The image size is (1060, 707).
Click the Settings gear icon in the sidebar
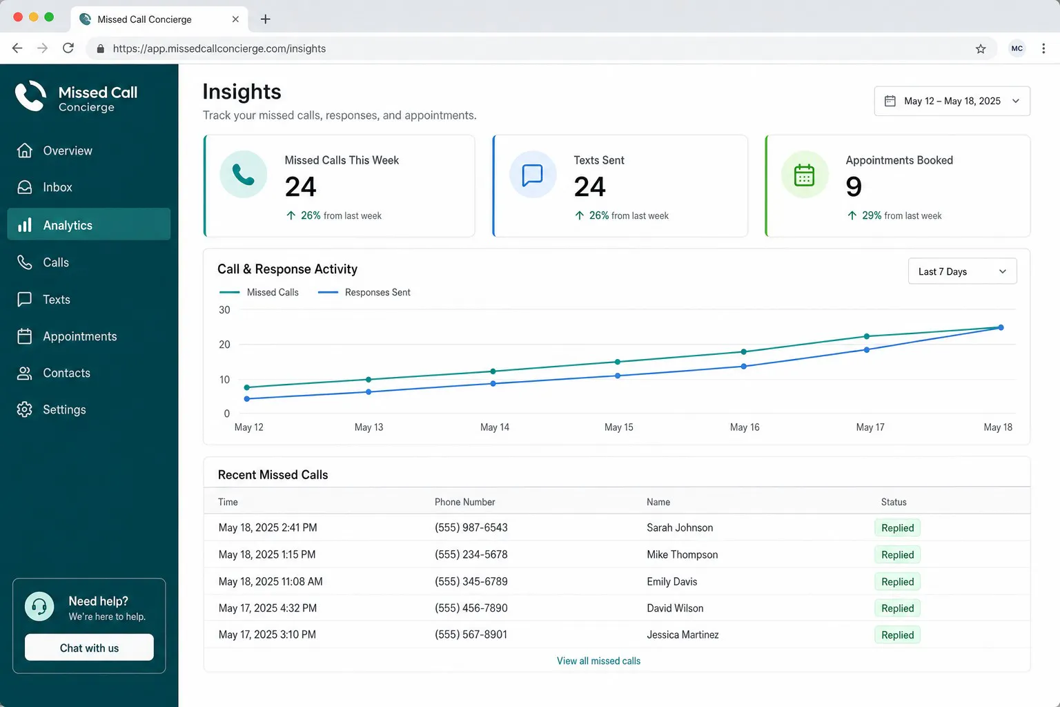[25, 409]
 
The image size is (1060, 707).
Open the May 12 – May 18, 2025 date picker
[952, 101]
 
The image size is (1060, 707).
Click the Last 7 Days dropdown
[962, 271]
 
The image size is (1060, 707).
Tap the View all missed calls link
[598, 661]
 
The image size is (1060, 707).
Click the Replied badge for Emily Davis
[897, 581]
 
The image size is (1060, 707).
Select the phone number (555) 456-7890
[471, 608]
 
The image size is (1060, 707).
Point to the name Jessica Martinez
[683, 635]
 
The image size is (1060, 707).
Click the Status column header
[894, 502]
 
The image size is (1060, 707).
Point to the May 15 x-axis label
[618, 427]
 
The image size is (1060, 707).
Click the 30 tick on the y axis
[224, 310]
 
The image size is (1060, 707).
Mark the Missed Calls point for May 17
[867, 336]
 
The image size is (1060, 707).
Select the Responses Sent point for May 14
[493, 384]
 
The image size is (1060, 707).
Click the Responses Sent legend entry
[364, 293]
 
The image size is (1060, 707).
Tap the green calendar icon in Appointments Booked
[804, 175]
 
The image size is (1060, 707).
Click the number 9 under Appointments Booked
[853, 186]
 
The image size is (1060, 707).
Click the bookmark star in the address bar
[981, 49]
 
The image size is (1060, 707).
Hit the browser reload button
[68, 48]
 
